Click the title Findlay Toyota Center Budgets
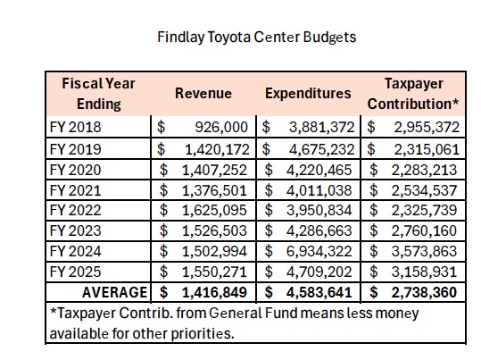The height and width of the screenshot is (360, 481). [256, 38]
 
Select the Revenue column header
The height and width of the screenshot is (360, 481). [203, 94]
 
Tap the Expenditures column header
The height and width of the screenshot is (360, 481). [308, 94]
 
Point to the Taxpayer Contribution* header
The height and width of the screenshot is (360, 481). [413, 94]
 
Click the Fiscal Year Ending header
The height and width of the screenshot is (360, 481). [98, 94]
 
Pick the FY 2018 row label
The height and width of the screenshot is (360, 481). [75, 127]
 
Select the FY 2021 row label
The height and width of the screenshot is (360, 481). [75, 190]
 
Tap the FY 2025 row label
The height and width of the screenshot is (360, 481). [75, 272]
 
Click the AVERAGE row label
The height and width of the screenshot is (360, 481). [115, 292]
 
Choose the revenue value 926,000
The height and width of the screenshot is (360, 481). [221, 127]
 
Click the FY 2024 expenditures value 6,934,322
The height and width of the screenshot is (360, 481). [319, 251]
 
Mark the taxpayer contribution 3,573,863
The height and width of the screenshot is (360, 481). [424, 251]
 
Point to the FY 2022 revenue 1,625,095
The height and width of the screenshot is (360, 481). [214, 211]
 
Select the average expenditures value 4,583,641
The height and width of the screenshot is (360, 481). [319, 292]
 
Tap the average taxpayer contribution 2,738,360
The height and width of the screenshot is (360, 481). [424, 292]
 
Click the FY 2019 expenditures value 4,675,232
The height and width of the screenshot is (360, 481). [322, 149]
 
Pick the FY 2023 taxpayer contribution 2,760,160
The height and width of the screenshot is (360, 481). [424, 230]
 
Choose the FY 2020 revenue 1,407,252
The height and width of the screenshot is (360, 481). [214, 170]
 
